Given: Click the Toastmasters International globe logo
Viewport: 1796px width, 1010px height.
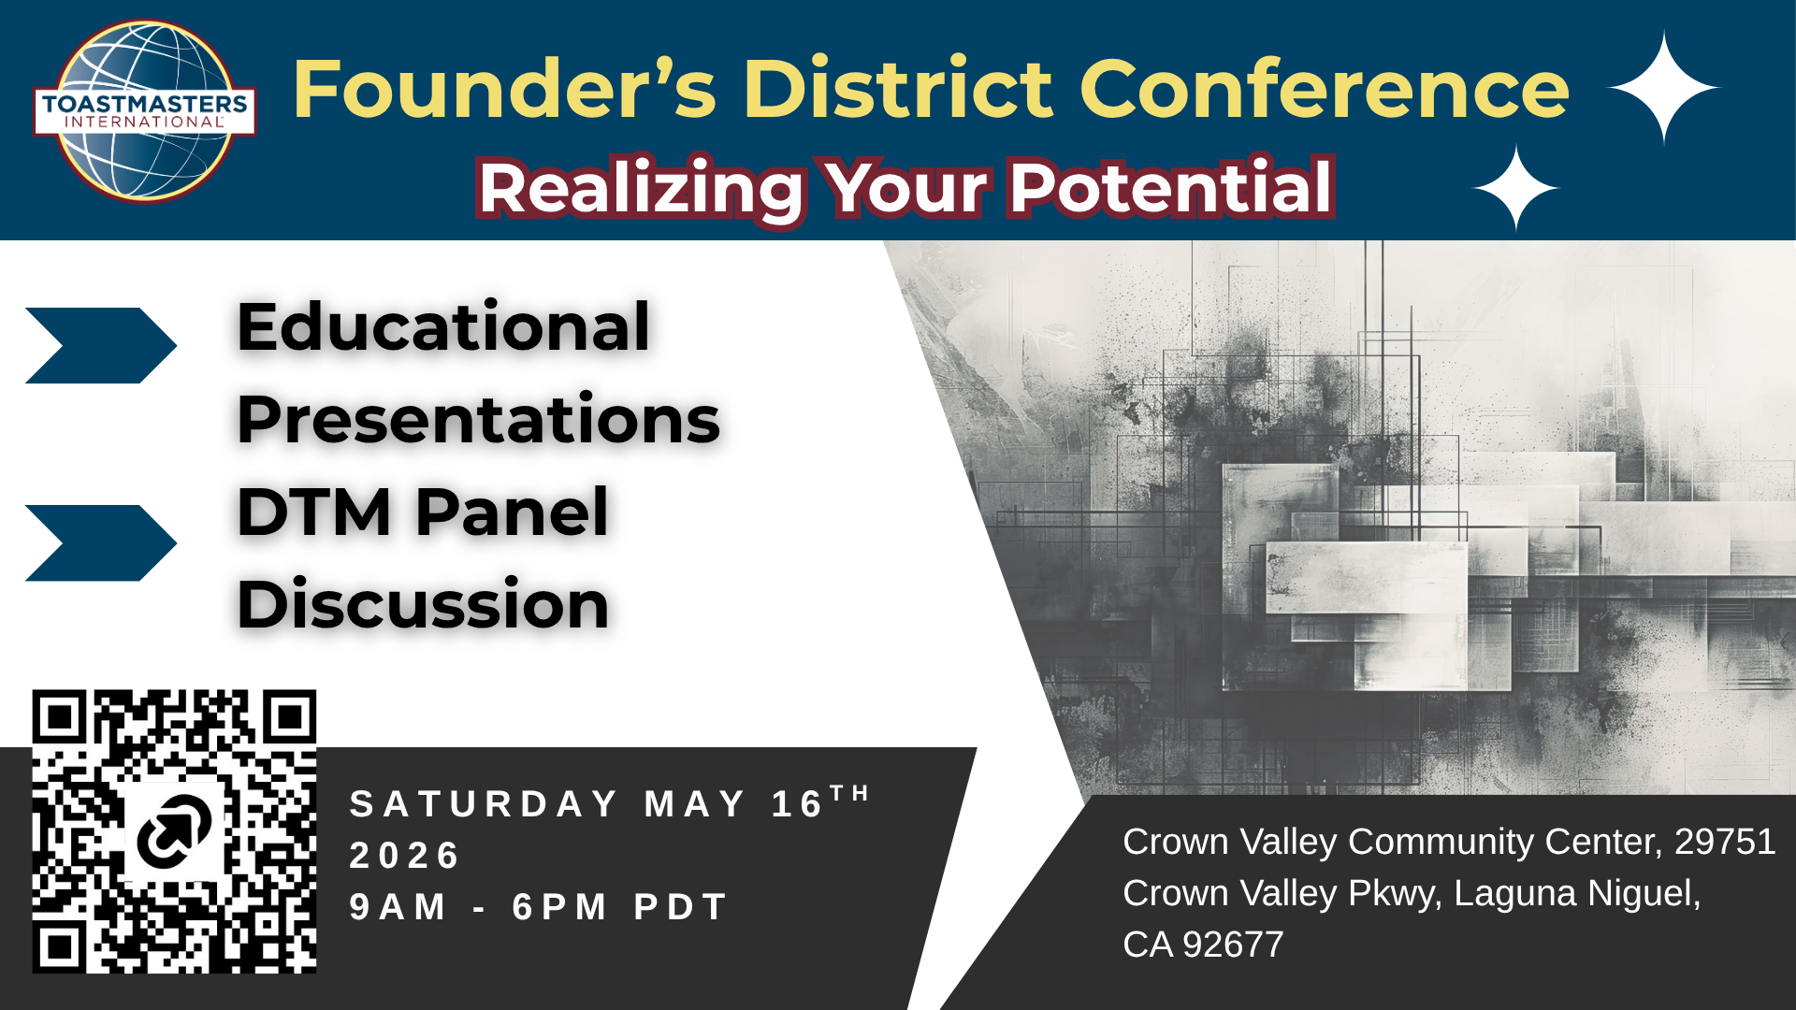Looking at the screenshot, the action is pos(145,111).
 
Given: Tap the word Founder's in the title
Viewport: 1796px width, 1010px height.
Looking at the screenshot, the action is pos(505,89).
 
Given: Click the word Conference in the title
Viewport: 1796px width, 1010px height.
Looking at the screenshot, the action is pos(1325,89).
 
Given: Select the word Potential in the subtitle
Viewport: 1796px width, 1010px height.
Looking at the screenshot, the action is pos(1171,188).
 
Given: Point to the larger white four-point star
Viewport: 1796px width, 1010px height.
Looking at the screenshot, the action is pos(1663,87).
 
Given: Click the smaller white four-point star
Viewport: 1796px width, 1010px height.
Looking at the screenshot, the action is pos(1516,188).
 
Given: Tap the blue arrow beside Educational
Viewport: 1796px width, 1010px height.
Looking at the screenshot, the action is pos(101,345).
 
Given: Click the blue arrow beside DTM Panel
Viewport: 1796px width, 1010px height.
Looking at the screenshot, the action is pos(101,543).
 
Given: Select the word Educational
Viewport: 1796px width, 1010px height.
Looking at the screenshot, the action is pos(443,326).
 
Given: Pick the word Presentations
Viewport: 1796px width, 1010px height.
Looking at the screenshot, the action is pos(479,419).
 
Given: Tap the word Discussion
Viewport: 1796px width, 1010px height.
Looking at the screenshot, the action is pos(424,604).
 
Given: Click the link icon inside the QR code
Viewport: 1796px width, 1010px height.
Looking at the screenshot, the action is pos(175,830).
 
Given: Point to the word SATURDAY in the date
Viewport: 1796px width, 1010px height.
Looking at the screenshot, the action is pos(484,804).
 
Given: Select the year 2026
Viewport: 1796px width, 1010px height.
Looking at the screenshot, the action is pos(404,856).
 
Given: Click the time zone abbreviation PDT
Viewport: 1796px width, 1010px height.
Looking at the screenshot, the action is pos(681,907).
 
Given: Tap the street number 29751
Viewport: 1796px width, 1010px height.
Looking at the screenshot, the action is pos(1725,842).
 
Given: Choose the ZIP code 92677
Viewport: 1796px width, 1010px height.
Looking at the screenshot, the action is pos(1233,945).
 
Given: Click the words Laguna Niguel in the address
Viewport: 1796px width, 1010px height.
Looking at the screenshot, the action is pos(1577,894).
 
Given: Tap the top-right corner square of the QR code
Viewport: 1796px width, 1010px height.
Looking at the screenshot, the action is pos(289,717).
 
